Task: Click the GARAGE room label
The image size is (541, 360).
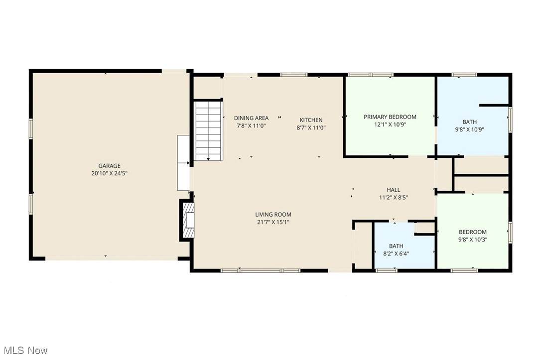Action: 110,166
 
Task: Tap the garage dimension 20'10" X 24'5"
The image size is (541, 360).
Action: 110,173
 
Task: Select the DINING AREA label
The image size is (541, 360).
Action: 251,118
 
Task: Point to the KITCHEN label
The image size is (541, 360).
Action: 311,120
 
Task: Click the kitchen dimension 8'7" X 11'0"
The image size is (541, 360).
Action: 311,127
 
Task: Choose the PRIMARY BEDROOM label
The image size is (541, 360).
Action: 390,117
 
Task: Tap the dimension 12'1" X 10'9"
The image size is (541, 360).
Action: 390,124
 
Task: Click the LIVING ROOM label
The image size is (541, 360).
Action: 273,215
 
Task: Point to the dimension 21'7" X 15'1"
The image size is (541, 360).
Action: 273,222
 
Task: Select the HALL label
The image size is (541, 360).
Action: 394,190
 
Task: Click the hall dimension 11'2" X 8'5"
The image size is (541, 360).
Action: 394,198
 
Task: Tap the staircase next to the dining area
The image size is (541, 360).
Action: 208,130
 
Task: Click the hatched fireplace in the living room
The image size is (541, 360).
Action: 188,220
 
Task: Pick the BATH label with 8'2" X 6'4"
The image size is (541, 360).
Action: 396,246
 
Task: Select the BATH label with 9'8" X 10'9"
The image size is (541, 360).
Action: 470,122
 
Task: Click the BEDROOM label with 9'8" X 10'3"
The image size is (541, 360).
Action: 473,232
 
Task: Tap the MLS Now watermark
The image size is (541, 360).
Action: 26,351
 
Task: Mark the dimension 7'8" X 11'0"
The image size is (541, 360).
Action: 251,126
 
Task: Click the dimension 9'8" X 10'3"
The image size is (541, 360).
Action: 473,240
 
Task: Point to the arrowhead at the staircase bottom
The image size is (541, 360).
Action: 208,159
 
